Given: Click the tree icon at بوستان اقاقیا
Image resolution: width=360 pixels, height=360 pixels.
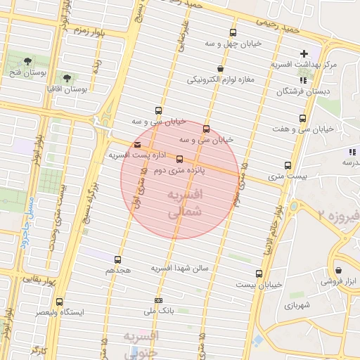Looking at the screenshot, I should (67, 78).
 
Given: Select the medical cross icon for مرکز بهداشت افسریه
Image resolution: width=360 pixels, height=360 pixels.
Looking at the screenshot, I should (304, 53).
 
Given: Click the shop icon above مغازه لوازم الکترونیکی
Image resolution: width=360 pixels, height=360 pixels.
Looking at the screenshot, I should (221, 69).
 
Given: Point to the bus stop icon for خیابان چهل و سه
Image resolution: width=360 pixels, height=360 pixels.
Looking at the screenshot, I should (233, 32).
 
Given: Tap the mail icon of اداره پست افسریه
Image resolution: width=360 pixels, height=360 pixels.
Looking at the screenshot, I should (136, 145).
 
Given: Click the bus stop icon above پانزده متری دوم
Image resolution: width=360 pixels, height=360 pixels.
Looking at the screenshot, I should (179, 159).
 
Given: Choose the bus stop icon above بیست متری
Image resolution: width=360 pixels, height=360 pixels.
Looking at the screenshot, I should (288, 165).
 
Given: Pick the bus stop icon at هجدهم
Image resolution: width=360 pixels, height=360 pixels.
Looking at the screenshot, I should (117, 259).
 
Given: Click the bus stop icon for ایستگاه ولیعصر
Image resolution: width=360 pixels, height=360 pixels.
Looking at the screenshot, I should (59, 301).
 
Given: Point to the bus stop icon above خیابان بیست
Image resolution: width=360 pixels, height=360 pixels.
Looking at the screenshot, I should (259, 274).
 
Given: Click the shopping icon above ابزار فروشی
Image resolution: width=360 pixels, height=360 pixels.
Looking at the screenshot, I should (339, 269).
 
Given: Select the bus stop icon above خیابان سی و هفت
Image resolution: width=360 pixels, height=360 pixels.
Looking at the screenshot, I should (303, 118).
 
